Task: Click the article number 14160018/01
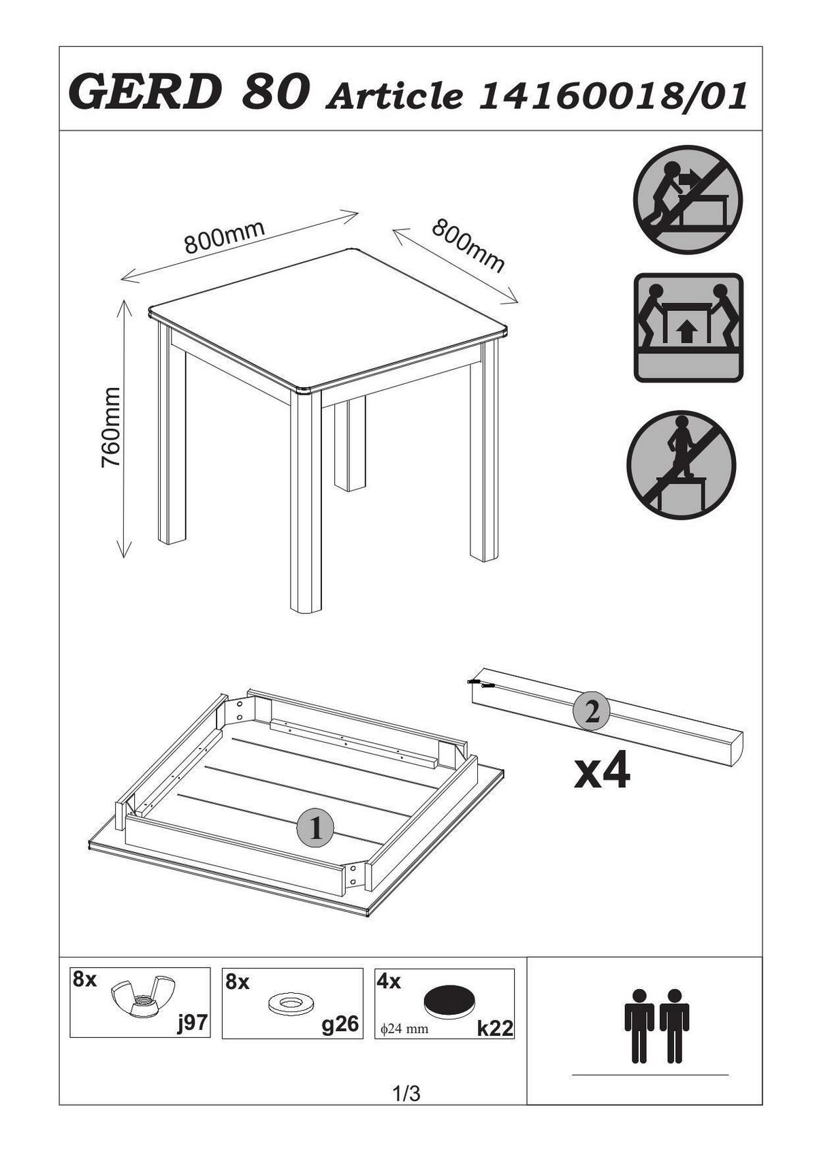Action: click(x=613, y=95)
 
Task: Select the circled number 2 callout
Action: click(x=592, y=714)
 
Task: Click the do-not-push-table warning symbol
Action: click(x=688, y=199)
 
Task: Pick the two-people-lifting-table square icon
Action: click(x=688, y=327)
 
